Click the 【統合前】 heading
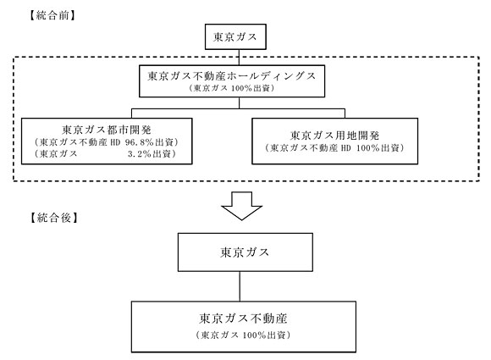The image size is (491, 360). (x=52, y=15)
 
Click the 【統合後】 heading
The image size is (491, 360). (x=54, y=217)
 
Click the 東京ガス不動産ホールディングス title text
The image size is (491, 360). (x=232, y=76)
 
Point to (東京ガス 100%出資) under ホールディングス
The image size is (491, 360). (x=232, y=88)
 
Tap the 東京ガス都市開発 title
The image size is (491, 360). (x=107, y=129)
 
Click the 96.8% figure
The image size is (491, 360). (x=140, y=142)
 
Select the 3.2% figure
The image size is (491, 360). (x=140, y=154)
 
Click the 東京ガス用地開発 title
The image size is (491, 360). (x=334, y=136)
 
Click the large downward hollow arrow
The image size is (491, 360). (x=241, y=206)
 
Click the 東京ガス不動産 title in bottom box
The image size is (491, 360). (x=243, y=318)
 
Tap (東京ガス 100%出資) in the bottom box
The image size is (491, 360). (x=243, y=335)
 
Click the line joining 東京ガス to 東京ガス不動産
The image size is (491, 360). (x=240, y=286)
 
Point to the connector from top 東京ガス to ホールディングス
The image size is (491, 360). (x=239, y=58)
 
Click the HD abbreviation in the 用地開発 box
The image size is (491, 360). (x=345, y=148)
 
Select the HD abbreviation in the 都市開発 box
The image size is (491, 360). (x=115, y=142)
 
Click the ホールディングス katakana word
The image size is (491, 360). (x=271, y=76)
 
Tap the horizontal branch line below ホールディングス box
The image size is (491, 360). (x=238, y=108)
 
